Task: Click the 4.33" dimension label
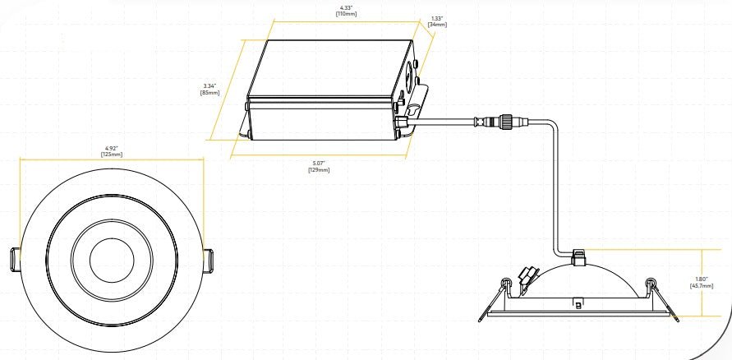[x=346, y=7]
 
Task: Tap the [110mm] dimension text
[x=346, y=14]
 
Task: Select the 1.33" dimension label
[x=437, y=18]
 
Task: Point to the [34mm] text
[x=437, y=25]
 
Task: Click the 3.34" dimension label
[x=210, y=86]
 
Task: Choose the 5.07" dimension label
[x=319, y=164]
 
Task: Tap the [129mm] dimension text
[x=319, y=170]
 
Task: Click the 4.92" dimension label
[x=112, y=148]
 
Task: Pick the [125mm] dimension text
[x=112, y=154]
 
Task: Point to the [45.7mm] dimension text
[x=701, y=286]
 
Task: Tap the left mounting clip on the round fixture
[x=15, y=259]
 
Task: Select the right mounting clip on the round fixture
[x=208, y=259]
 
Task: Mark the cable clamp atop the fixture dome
[x=579, y=258]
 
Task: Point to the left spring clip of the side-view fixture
[x=495, y=299]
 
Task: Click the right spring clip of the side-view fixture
[x=663, y=299]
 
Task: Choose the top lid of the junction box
[x=330, y=68]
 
